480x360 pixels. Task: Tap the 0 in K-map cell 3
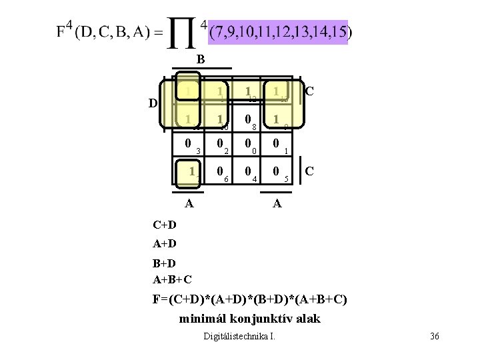coord(189,143)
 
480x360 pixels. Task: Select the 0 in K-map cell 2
coord(220,143)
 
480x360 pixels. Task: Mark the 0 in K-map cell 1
coord(275,143)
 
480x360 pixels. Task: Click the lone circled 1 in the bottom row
coord(191,171)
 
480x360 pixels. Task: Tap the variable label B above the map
coord(200,60)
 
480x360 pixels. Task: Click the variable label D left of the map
coord(153,103)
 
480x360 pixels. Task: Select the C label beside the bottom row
coord(309,171)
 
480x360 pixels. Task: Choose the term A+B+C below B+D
coord(173,279)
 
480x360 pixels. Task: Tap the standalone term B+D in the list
coord(164,265)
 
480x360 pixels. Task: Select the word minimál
coord(201,318)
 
